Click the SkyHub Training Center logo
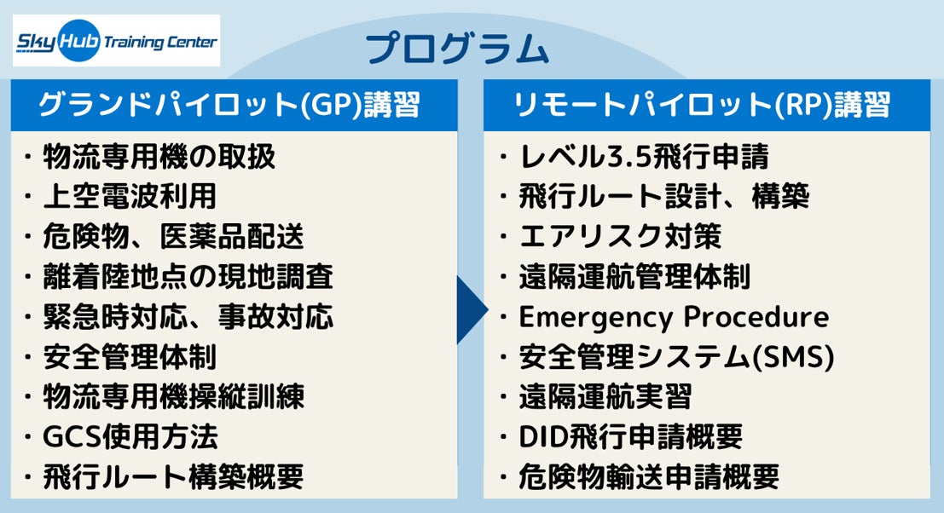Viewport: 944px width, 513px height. click(x=116, y=41)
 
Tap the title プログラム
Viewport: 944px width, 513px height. click(x=458, y=49)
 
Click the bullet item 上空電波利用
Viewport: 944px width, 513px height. click(x=130, y=197)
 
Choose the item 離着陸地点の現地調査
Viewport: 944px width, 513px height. click(x=188, y=277)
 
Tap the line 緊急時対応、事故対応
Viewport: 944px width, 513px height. click(x=188, y=317)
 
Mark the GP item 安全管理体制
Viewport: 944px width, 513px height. click(x=130, y=357)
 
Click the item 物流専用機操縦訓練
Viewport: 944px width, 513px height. click(x=174, y=397)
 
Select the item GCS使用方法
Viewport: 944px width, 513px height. click(x=130, y=437)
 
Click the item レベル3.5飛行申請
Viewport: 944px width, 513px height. click(x=644, y=157)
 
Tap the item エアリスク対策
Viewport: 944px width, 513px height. click(x=620, y=237)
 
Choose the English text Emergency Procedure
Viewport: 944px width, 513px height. click(x=674, y=317)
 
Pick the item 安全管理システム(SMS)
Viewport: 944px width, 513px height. click(x=675, y=357)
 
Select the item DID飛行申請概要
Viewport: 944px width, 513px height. click(x=631, y=437)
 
